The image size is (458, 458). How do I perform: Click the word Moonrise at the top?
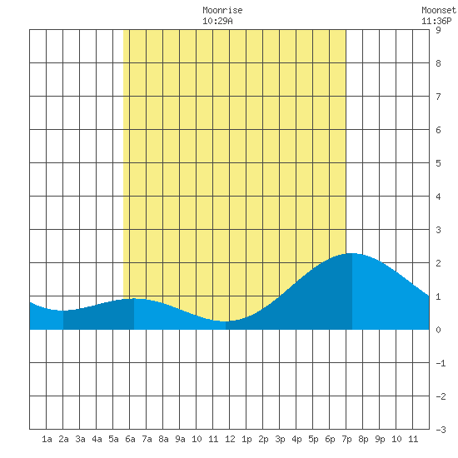tap(222, 10)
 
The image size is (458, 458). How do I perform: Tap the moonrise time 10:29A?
tap(217, 21)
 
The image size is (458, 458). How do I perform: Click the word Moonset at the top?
tap(439, 10)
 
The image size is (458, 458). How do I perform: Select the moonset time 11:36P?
tap(436, 21)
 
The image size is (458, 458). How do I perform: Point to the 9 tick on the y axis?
tap(438, 30)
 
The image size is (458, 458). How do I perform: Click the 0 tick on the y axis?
tap(438, 330)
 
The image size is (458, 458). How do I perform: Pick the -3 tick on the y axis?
tap(441, 430)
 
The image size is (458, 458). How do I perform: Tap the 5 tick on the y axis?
tap(438, 163)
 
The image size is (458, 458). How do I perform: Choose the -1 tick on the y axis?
tap(441, 363)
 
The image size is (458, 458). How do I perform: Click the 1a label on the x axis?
tap(47, 439)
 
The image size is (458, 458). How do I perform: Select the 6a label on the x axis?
tap(130, 439)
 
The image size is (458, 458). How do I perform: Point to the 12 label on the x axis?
tap(230, 439)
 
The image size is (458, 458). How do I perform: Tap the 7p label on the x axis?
tap(346, 439)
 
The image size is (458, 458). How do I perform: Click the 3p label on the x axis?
tap(280, 439)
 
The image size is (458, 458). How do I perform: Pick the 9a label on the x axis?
tap(180, 439)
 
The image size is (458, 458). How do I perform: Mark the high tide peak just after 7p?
tap(352, 253)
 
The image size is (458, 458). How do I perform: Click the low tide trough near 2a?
tap(63, 311)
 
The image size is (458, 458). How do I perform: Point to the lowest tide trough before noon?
tap(226, 321)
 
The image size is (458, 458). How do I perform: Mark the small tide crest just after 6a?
tap(134, 298)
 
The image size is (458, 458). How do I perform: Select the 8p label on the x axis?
tap(363, 439)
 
